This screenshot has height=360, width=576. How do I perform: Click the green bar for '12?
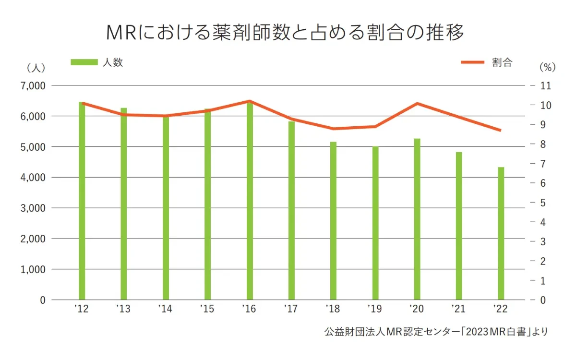coord(82,202)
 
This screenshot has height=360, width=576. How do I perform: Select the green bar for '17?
coord(291,211)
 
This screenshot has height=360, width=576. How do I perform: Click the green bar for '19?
coord(375,223)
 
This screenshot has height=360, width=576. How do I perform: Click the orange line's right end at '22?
coord(501,130)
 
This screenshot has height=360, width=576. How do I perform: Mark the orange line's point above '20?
coord(417,103)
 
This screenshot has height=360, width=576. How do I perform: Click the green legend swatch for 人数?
coord(84,62)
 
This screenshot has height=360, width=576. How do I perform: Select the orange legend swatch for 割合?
coord(473,62)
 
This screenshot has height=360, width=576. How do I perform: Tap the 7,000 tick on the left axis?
coord(32,85)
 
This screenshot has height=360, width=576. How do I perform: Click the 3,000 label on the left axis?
coord(32,208)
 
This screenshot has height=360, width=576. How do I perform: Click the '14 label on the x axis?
coord(165,309)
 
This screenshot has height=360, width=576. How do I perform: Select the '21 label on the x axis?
coord(458,309)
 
